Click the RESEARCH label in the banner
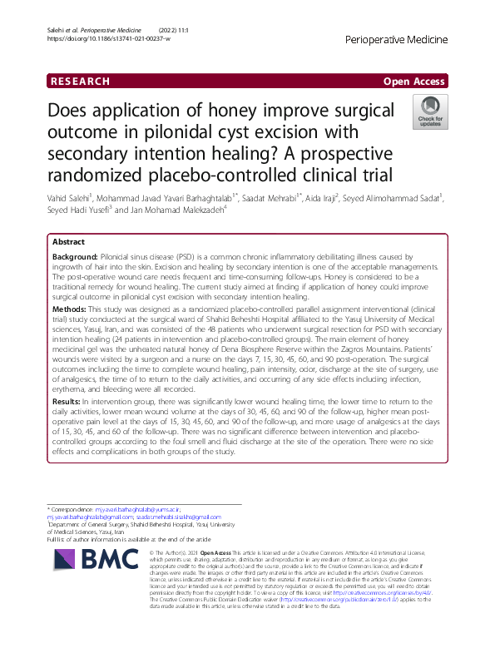80,82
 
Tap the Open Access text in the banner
413,82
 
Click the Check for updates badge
428,114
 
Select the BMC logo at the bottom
91,575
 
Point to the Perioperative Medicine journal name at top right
394,39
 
